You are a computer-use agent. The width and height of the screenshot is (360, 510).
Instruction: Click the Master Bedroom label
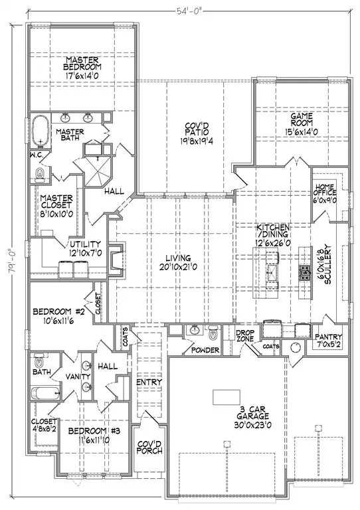pyautogui.click(x=82, y=62)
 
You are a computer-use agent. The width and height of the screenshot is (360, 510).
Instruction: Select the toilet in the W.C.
pyautogui.click(x=39, y=175)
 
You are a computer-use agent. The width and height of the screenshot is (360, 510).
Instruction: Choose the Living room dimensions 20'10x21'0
pyautogui.click(x=179, y=267)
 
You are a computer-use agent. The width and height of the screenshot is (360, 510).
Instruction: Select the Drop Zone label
pyautogui.click(x=246, y=338)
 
